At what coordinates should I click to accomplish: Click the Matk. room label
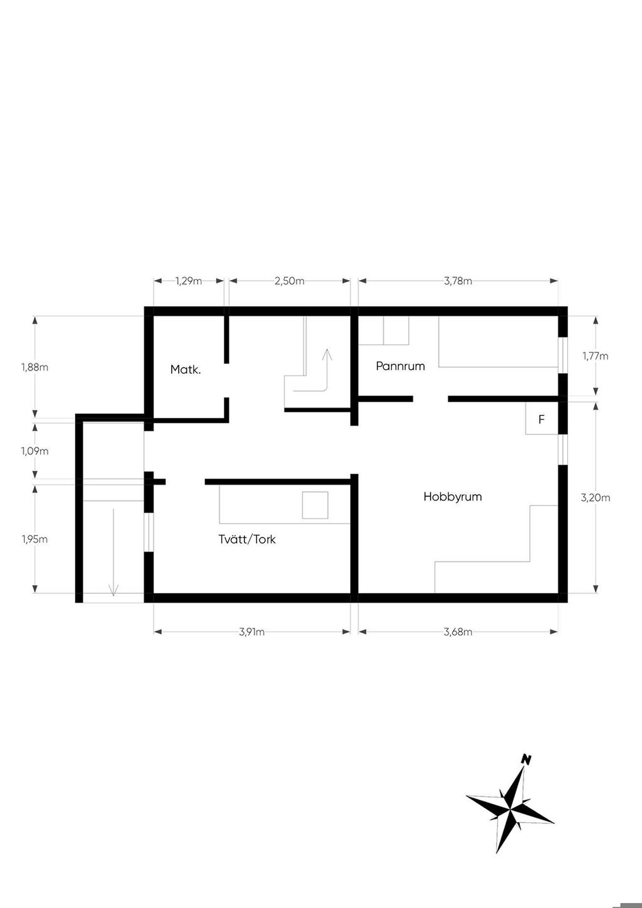(186, 370)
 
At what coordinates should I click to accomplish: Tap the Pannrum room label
(401, 366)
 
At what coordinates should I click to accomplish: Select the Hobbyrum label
(453, 497)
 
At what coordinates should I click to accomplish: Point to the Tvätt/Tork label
(247, 539)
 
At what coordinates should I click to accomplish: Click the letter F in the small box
(542, 420)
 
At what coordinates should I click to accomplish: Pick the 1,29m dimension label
(189, 281)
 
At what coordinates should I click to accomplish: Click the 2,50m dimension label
(290, 281)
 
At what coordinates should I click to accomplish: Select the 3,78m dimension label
(458, 281)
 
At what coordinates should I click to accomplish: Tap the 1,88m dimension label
(35, 367)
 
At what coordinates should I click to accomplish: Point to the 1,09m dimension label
(35, 451)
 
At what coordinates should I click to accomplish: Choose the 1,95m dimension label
(35, 539)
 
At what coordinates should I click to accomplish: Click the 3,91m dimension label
(251, 631)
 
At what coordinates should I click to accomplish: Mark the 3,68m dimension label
(458, 631)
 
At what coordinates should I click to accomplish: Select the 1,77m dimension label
(596, 356)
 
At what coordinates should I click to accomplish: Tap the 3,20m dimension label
(596, 497)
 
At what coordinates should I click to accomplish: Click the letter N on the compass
(527, 759)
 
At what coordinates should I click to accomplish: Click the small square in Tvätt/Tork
(315, 505)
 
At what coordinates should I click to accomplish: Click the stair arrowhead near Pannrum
(327, 354)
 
